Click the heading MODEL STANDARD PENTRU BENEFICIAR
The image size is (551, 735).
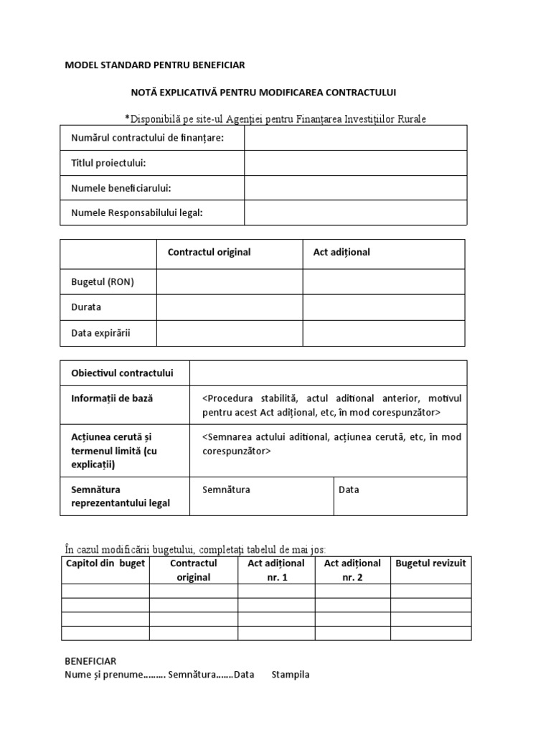point(155,65)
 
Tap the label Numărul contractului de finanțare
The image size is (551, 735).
point(147,138)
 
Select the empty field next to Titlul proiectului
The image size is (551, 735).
point(355,163)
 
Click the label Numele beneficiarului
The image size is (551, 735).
point(121,188)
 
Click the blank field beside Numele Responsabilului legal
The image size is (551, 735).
point(355,212)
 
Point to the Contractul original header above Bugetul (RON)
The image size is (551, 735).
point(209,253)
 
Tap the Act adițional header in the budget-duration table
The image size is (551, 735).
point(342,253)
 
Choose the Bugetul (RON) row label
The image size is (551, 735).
point(103,282)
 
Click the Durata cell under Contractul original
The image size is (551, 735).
point(230,307)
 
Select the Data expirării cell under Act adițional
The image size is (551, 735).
point(383,333)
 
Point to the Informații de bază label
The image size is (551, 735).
point(112,398)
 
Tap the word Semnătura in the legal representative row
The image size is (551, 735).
point(226,490)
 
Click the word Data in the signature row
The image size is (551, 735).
point(349,490)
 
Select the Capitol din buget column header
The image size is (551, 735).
point(105,563)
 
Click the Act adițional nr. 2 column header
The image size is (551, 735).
point(352,570)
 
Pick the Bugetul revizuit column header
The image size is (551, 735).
point(430,563)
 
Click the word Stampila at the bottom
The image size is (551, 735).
point(291,675)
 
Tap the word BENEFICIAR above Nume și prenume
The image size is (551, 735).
point(90,661)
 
